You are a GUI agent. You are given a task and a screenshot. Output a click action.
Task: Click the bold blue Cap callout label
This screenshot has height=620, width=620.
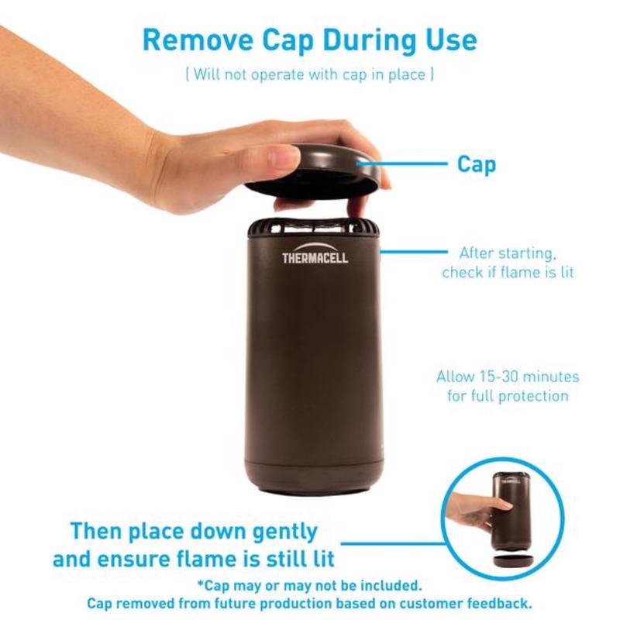coord(477,164)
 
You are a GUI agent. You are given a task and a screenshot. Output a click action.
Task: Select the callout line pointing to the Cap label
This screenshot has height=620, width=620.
coord(402,163)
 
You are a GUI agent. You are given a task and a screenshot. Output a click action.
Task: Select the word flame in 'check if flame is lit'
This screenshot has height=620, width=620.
coord(521,273)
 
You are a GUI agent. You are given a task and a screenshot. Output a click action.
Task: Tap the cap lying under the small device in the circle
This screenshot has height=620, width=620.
coord(513,560)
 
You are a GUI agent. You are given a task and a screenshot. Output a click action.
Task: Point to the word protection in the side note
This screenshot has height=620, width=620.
coord(533,396)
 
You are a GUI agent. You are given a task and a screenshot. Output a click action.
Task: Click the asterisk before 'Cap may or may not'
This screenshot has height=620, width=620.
coord(201,583)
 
